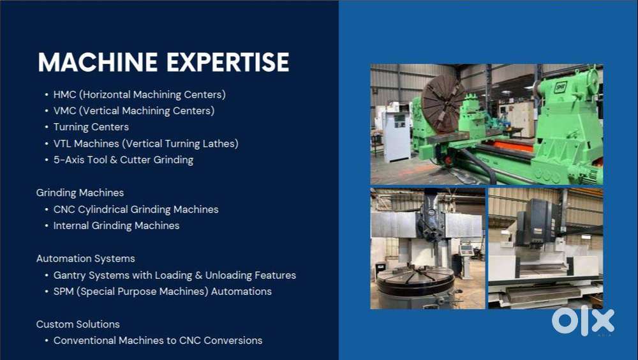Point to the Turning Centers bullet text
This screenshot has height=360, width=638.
pyautogui.click(x=91, y=127)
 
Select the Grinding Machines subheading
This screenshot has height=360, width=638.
pyautogui.click(x=80, y=192)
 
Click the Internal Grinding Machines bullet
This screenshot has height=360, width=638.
pyautogui.click(x=116, y=225)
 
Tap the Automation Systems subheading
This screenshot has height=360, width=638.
pyautogui.click(x=85, y=259)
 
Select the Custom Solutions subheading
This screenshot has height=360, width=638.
pyautogui.click(x=78, y=324)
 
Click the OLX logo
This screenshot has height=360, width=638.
pyautogui.click(x=582, y=321)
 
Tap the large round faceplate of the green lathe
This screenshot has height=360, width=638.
pyautogui.click(x=442, y=103)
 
